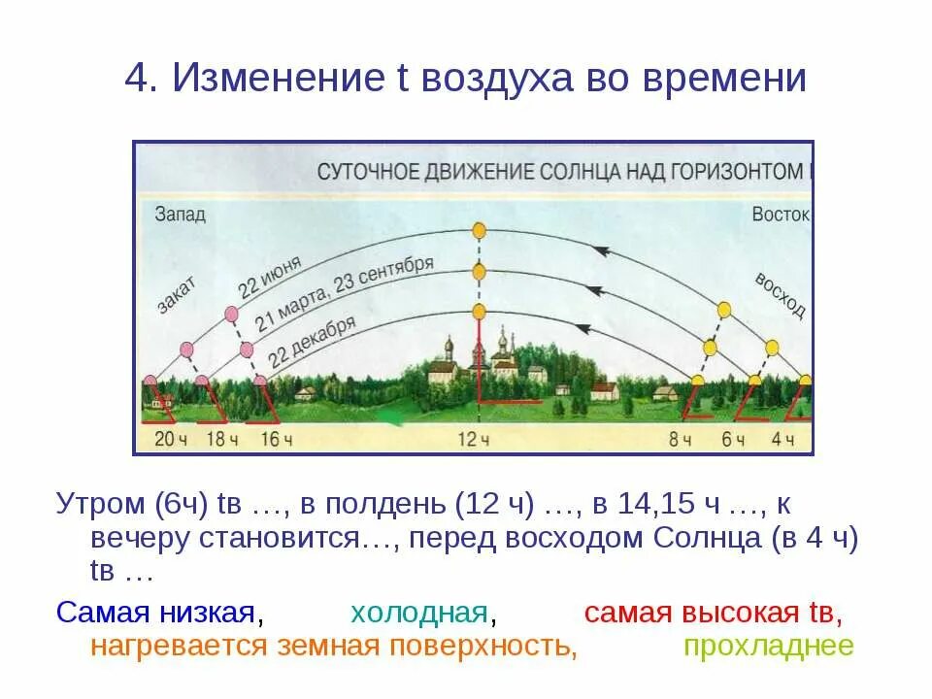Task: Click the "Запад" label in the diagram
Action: tap(180, 215)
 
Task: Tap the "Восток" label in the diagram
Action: tap(781, 215)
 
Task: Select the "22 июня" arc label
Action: tap(270, 276)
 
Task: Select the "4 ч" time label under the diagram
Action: tap(782, 440)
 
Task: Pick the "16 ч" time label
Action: tap(276, 440)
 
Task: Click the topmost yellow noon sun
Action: tap(479, 230)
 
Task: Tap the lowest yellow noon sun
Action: tap(479, 312)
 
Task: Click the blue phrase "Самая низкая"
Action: tap(155, 614)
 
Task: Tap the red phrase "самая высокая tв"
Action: tap(712, 614)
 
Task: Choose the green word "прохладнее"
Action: tap(769, 647)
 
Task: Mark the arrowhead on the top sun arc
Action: tap(601, 251)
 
